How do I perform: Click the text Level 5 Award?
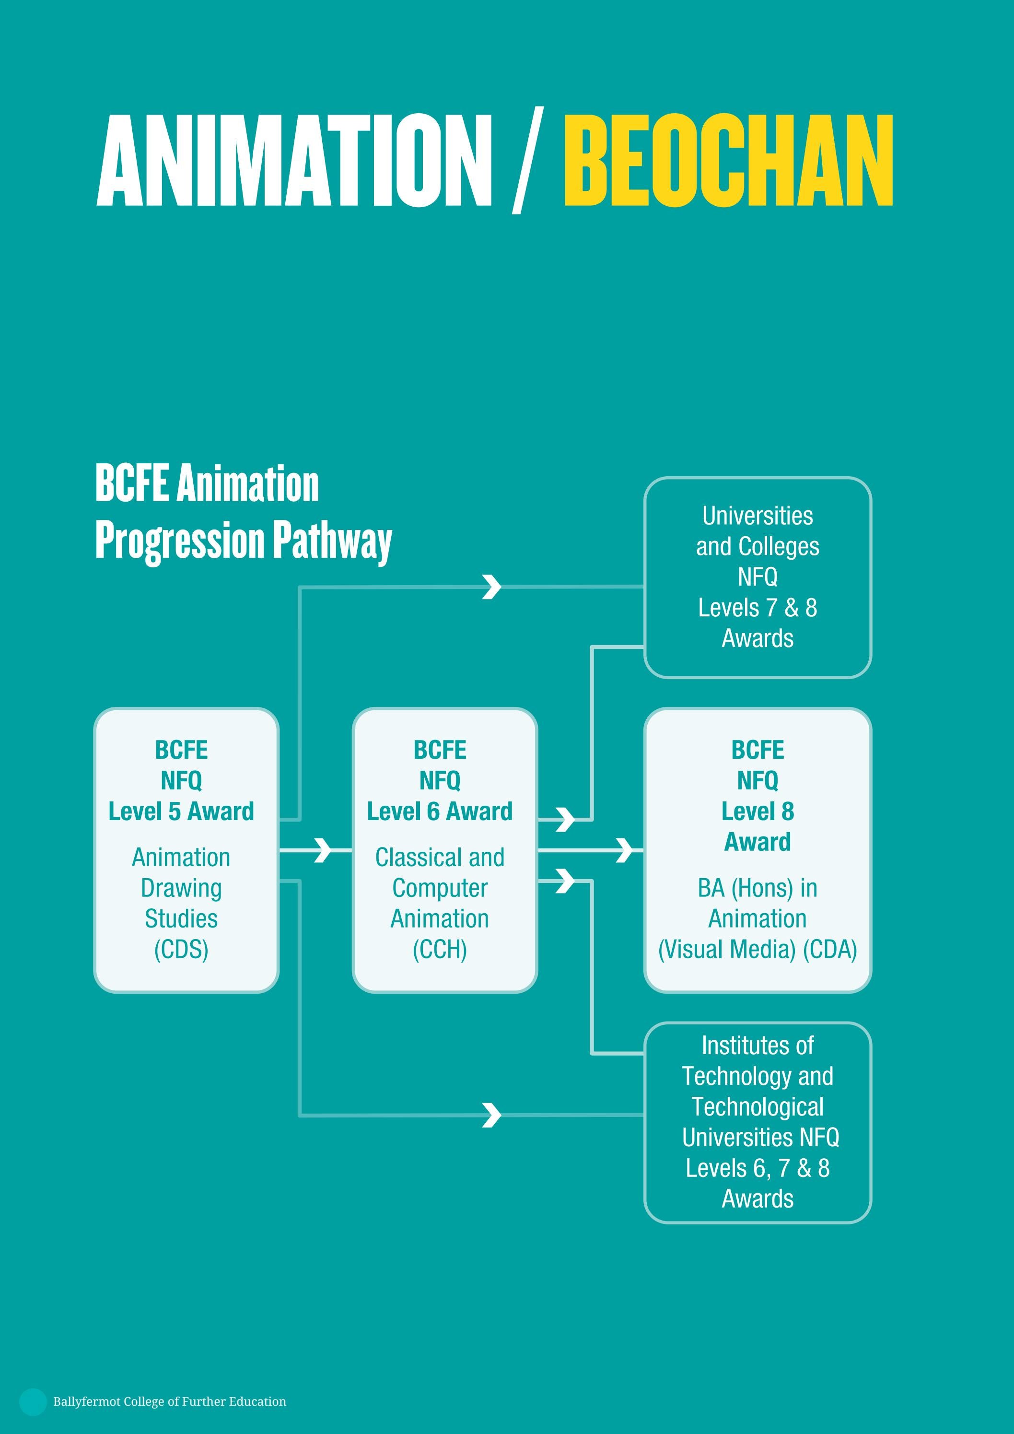[181, 811]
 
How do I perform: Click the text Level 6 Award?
[440, 811]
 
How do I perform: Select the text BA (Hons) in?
[758, 888]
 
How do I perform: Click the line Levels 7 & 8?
[758, 608]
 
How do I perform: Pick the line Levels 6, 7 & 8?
[758, 1168]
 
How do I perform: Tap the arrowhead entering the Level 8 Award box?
[624, 850]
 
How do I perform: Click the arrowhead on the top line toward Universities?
[492, 587]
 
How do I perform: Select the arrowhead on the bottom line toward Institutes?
[492, 1115]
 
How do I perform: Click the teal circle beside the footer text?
[33, 1402]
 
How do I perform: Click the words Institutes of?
[758, 1046]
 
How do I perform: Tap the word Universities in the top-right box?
[758, 516]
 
